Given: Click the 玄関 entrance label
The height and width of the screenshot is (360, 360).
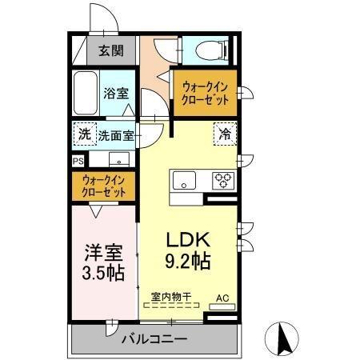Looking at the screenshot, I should (x=111, y=51).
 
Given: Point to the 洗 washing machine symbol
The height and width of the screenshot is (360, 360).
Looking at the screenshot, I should (x=84, y=134).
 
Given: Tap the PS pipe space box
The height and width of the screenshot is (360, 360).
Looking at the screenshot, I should (x=78, y=160).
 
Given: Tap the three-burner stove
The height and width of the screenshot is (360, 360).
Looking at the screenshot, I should (x=222, y=180).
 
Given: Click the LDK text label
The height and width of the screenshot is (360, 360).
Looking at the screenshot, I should (x=188, y=239).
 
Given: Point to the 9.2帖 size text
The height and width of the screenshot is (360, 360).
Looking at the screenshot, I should (x=189, y=262).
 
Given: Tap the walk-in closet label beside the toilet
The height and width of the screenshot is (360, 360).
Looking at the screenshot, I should (x=205, y=93).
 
